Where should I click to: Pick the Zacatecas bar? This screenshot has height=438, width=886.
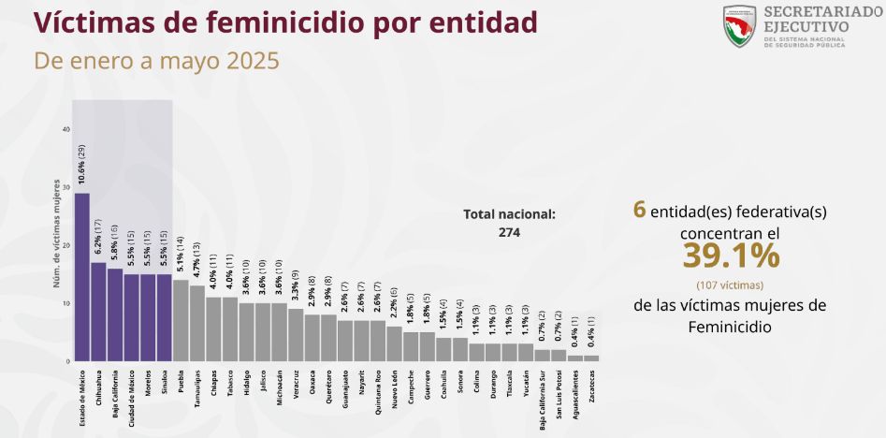[590, 358]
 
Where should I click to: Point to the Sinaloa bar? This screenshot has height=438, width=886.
[164, 317]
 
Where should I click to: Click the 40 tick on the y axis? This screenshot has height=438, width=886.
[65, 129]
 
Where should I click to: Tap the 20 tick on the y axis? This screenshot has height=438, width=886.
[65, 245]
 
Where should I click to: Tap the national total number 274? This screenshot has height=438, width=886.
[509, 232]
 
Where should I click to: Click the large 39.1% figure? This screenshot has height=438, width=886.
[730, 255]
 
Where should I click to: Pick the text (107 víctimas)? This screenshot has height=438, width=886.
[730, 285]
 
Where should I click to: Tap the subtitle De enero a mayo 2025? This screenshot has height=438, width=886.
[156, 62]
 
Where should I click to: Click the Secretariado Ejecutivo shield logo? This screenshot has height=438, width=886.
[739, 26]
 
